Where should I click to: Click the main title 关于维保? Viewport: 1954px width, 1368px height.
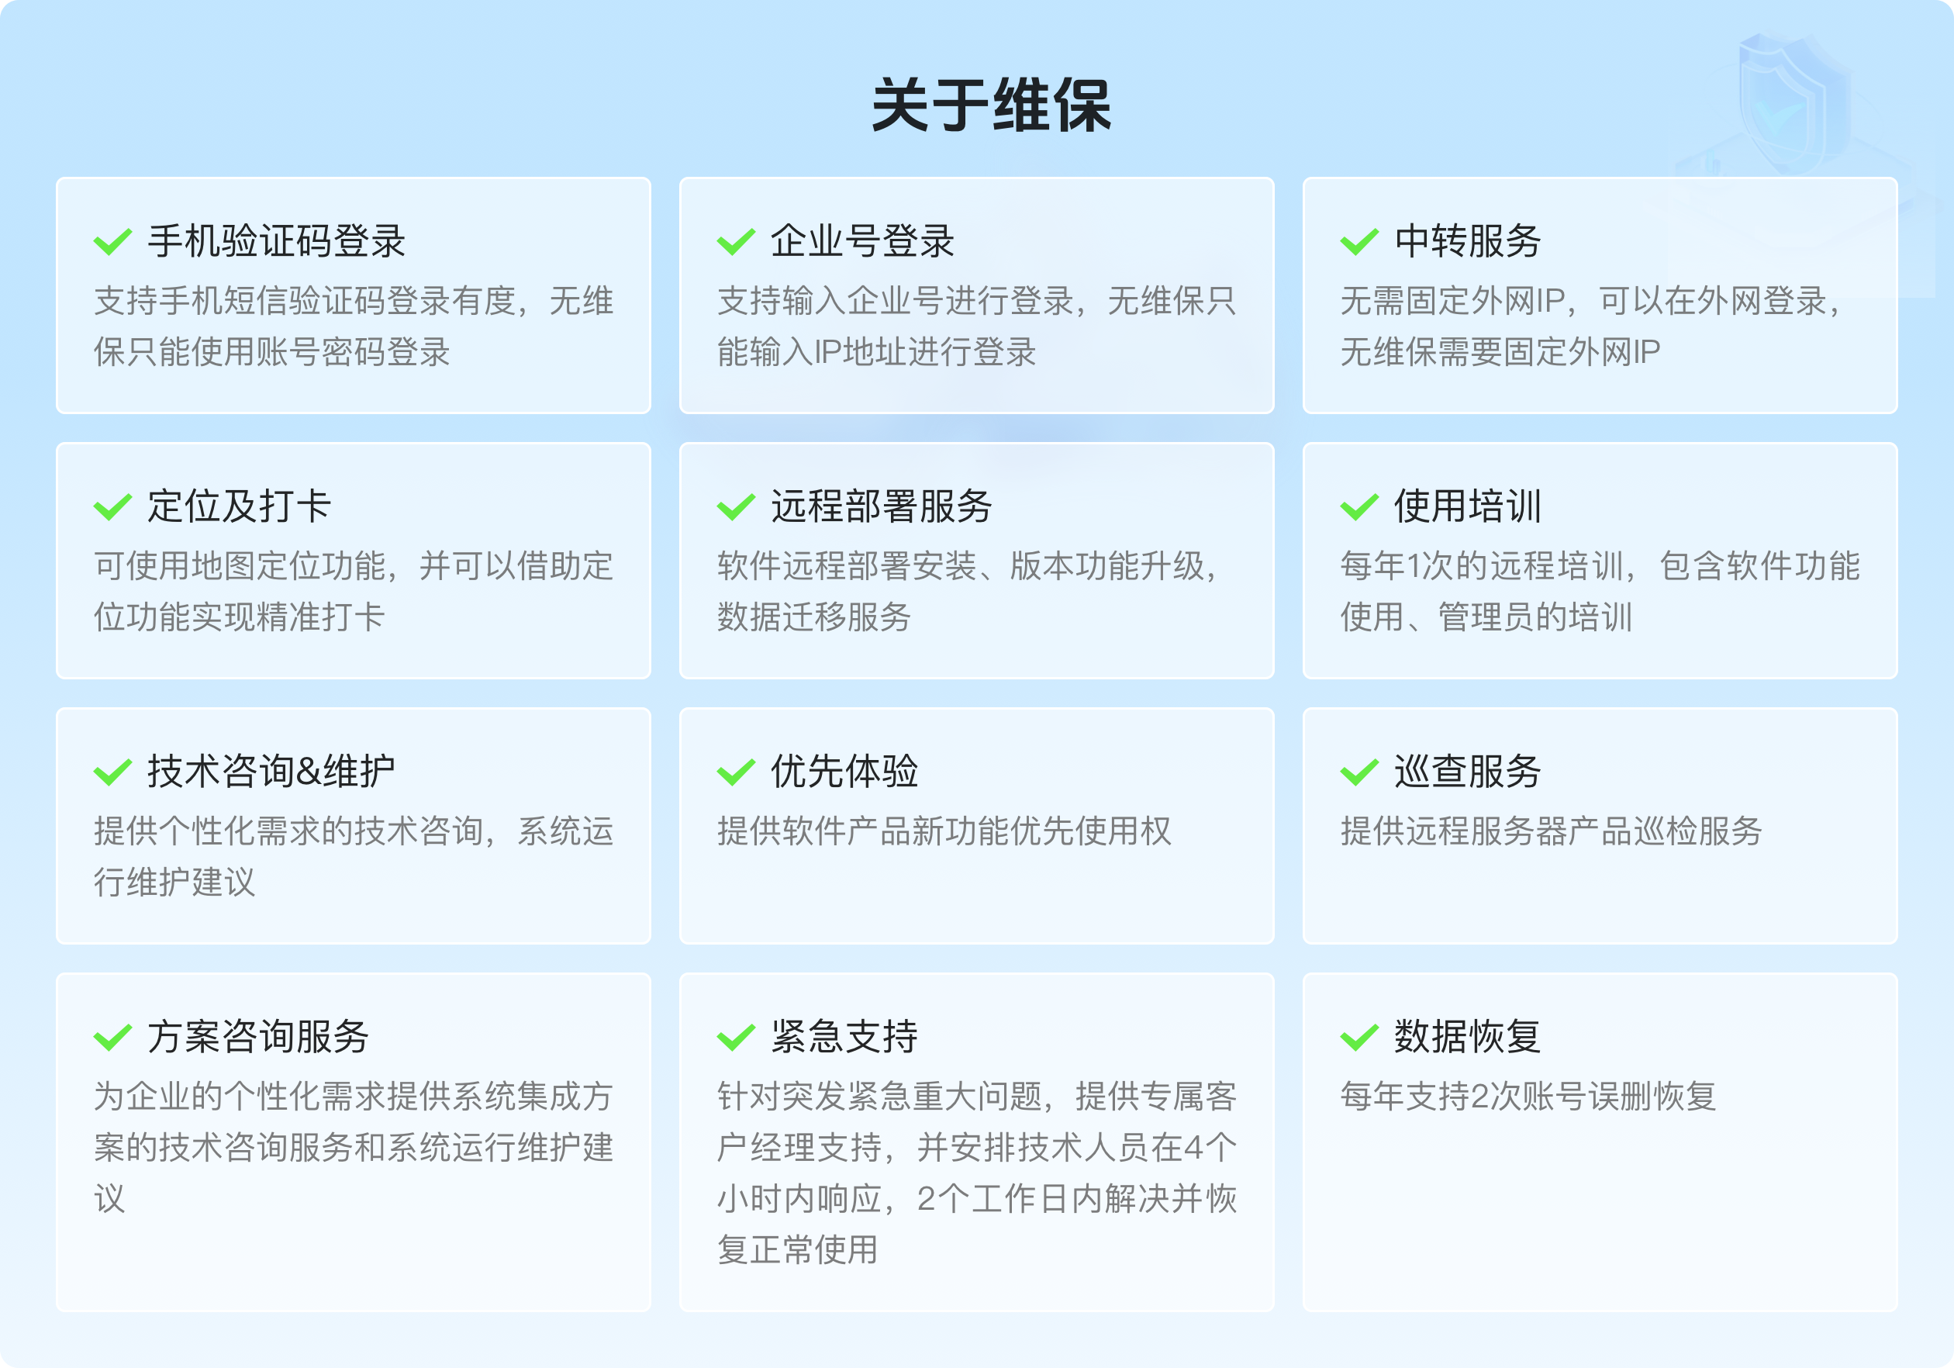tap(992, 105)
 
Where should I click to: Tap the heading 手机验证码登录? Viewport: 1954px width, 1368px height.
tap(277, 241)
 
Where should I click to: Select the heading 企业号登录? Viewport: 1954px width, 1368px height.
tap(862, 241)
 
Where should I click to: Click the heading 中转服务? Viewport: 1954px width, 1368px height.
tap(1467, 241)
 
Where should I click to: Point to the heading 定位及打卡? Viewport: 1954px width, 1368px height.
tap(239, 506)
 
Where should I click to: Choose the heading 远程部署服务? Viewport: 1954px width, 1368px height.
tap(881, 506)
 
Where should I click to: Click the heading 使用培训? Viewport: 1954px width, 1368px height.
tap(1467, 506)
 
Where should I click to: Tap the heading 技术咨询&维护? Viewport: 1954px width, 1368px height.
tap(271, 772)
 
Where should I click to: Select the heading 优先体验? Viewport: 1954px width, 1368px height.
tap(844, 772)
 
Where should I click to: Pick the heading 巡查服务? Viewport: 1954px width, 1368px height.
tap(1467, 772)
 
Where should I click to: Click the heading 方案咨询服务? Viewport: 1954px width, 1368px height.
tap(258, 1036)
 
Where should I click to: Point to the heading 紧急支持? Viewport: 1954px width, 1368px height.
tap(844, 1036)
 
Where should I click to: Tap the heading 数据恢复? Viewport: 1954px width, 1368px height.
tap(1467, 1036)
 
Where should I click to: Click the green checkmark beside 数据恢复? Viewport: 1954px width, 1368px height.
tap(1359, 1038)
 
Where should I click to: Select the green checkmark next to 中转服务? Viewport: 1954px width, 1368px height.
tap(1359, 243)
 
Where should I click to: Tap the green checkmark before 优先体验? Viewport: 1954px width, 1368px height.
tap(736, 773)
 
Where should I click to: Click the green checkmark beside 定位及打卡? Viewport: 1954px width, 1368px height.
tap(112, 507)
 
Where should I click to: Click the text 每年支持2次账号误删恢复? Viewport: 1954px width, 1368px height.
tap(1528, 1096)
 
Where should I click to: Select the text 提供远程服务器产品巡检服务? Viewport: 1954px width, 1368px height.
tap(1551, 831)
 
